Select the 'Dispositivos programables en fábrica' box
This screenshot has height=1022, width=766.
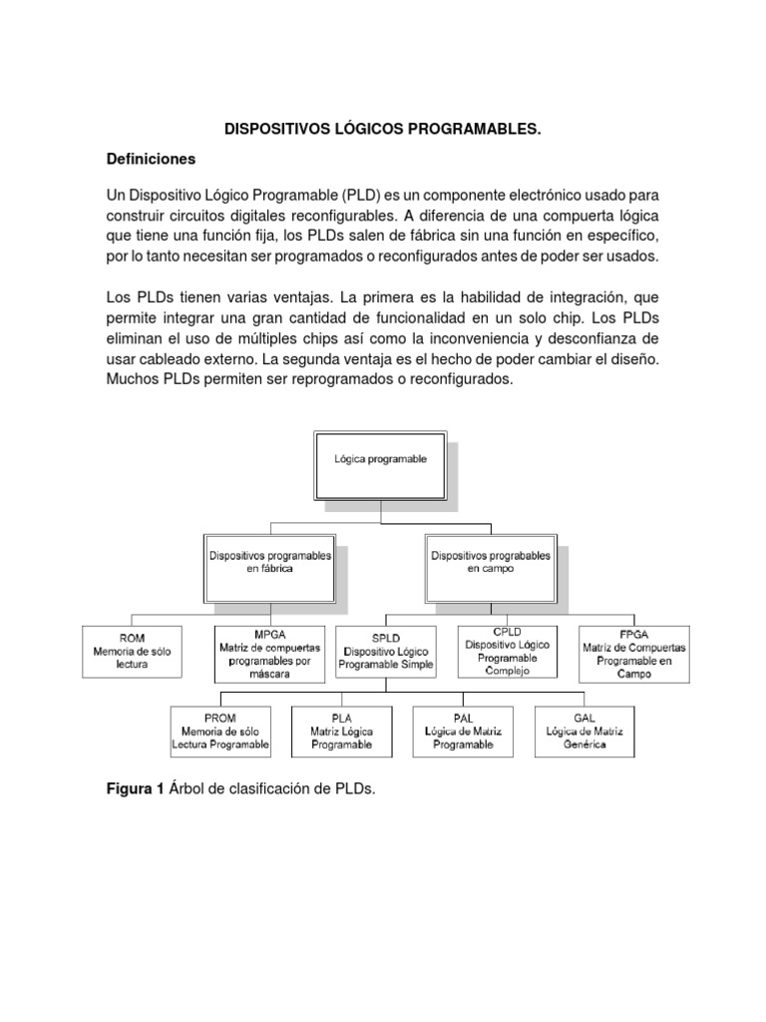point(269,561)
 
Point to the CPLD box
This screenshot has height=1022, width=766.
point(507,651)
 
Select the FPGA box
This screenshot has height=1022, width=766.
point(633,654)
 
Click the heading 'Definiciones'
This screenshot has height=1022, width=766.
point(152,159)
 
